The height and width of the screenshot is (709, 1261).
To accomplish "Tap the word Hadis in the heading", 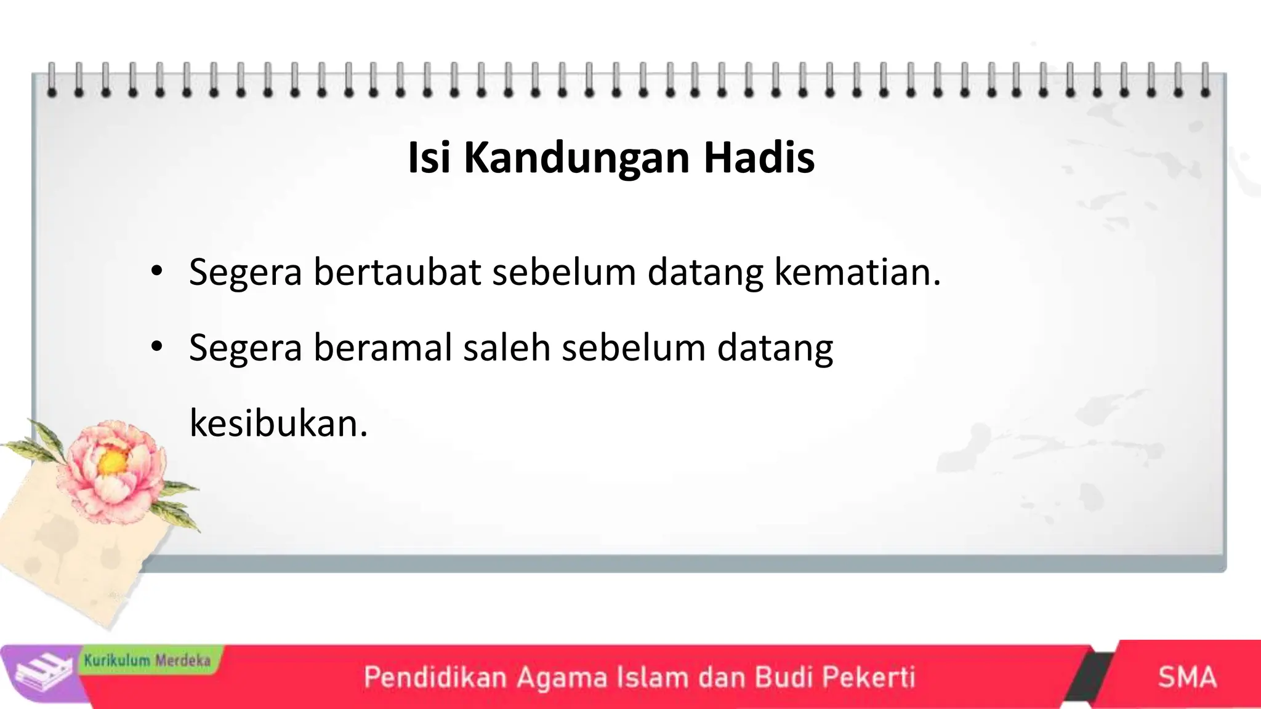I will pyautogui.click(x=759, y=158).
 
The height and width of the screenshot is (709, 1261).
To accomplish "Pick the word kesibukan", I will pyautogui.click(x=278, y=423).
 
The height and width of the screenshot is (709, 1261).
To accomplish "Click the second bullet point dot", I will pyautogui.click(x=156, y=348).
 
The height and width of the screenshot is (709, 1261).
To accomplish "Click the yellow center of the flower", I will pyautogui.click(x=111, y=463).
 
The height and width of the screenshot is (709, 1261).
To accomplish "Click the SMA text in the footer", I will pyautogui.click(x=1186, y=677).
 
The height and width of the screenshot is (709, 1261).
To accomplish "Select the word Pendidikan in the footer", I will pyautogui.click(x=435, y=677).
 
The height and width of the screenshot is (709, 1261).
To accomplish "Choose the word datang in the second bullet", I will pyautogui.click(x=775, y=348).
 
